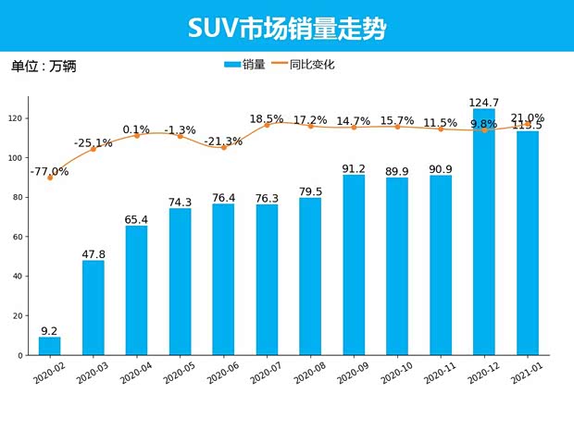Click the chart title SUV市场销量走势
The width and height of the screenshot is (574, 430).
point(286,27)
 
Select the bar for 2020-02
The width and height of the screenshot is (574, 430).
point(50,346)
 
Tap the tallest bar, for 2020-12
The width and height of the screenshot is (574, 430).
point(484,231)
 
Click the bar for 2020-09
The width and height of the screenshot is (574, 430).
point(354,265)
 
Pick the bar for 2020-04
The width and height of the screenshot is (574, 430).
point(137,290)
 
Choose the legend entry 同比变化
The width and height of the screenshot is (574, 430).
point(305,65)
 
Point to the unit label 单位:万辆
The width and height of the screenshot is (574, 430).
point(44,67)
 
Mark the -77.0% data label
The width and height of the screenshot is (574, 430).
point(49,171)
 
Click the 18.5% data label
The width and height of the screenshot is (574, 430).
point(267,118)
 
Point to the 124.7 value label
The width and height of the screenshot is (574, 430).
point(484,102)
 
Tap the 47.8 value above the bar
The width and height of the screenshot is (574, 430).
point(94,253)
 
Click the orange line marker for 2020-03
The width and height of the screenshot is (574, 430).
point(94,149)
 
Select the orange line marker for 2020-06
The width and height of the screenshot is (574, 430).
point(223,147)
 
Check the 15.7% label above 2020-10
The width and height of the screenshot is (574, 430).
point(397,121)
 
